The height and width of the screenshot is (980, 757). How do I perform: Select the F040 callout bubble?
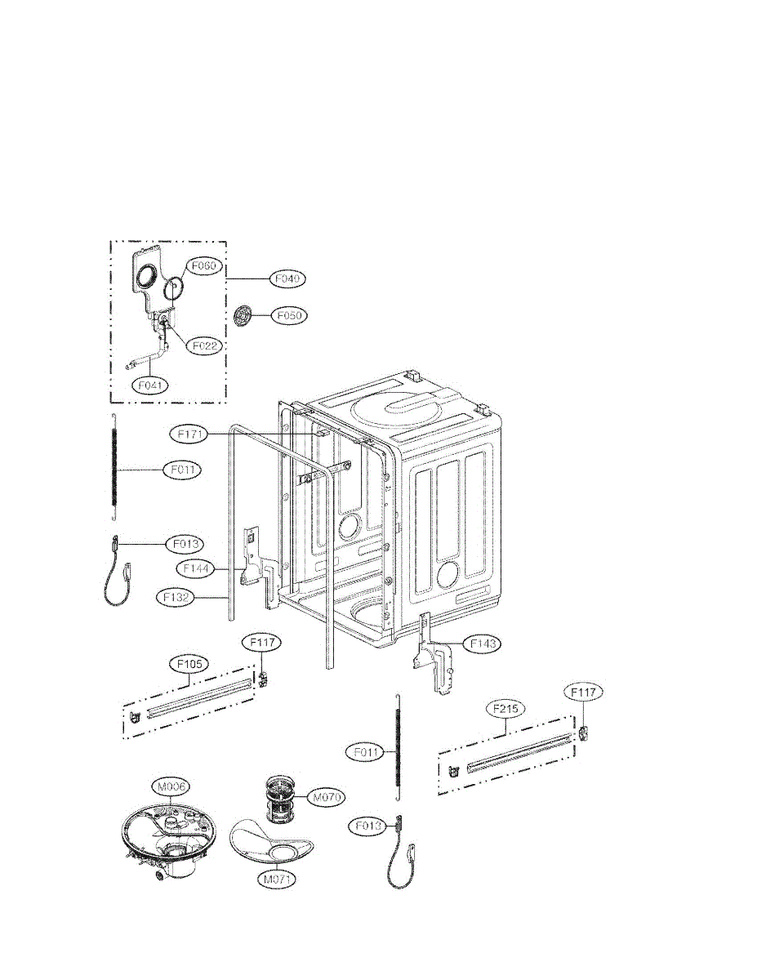point(289,278)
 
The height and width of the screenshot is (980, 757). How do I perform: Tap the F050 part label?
point(290,314)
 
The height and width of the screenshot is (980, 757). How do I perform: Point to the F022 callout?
point(204,346)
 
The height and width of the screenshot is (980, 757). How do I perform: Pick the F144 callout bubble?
point(197,566)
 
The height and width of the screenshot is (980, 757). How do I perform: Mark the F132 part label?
point(176,598)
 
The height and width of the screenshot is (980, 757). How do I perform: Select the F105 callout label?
point(188,664)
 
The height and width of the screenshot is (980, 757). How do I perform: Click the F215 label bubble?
point(505,709)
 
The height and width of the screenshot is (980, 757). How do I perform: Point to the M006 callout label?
point(171,786)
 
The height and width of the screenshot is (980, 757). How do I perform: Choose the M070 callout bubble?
point(325,796)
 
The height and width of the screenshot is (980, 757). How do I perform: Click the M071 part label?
point(278,880)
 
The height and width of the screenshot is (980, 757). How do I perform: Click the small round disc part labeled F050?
point(243,315)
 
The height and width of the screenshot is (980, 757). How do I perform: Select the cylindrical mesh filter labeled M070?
point(283,800)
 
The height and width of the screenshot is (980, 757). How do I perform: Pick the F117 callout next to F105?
point(263,644)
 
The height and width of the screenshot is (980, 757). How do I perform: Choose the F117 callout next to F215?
point(585,693)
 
